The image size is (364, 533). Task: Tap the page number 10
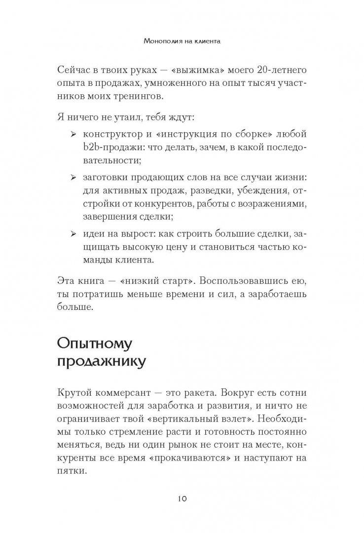(x=182, y=498)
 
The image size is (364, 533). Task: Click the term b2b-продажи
(x=111, y=148)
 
